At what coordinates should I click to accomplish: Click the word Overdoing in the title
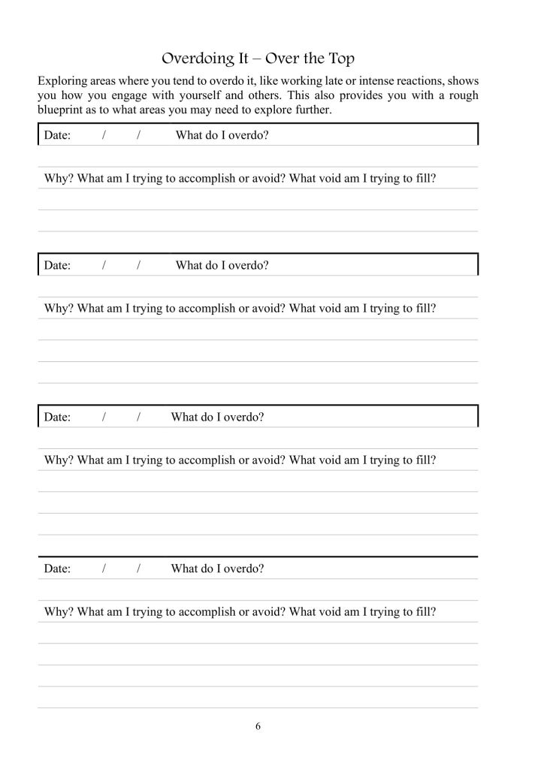[192, 59]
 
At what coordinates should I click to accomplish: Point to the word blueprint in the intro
[62, 110]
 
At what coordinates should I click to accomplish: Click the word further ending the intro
[312, 110]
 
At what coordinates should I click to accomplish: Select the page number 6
[258, 726]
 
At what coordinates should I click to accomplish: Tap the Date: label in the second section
[57, 265]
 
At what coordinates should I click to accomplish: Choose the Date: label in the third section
[57, 417]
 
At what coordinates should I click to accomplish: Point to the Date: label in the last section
[57, 568]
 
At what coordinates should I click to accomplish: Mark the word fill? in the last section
[424, 612]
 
